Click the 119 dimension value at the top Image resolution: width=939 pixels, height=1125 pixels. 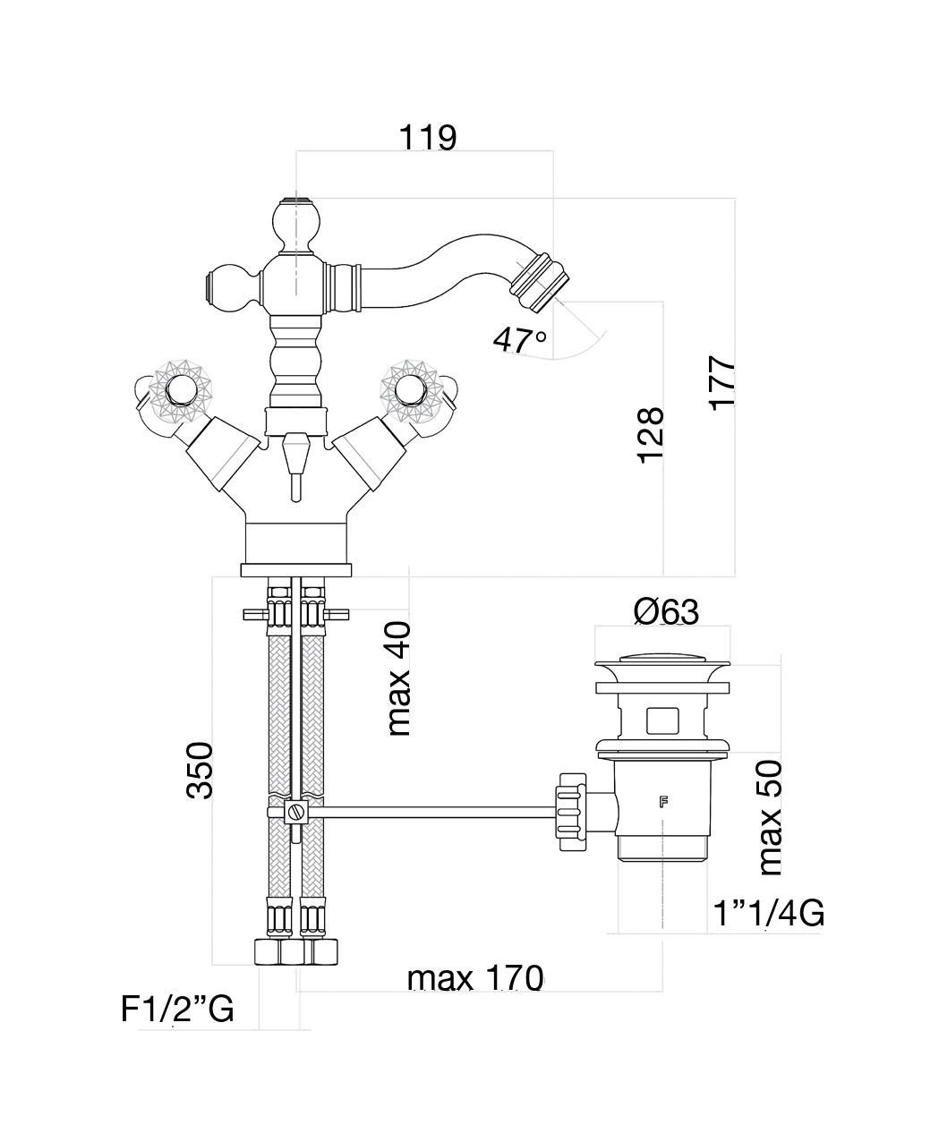click(x=428, y=138)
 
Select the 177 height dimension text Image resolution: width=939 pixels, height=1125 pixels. click(x=721, y=384)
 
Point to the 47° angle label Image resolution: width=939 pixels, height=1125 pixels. click(x=520, y=339)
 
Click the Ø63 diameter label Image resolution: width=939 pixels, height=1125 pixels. click(x=666, y=612)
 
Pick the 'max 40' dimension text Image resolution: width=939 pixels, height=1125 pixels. click(x=399, y=678)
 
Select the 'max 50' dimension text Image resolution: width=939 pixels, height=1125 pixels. click(x=768, y=817)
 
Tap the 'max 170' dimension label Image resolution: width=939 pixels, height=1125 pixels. click(x=475, y=978)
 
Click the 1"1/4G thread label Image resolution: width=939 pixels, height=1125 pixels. click(x=769, y=914)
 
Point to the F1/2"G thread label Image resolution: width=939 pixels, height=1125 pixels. click(x=177, y=1010)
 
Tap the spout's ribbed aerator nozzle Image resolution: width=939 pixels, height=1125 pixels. click(x=535, y=277)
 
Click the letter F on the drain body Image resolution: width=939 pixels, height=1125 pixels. click(x=663, y=802)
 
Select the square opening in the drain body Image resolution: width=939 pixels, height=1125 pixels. click(x=662, y=719)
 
